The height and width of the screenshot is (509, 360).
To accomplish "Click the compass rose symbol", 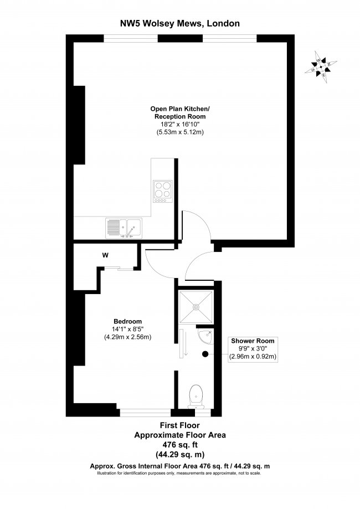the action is [321, 67].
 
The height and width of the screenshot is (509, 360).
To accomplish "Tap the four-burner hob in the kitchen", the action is [163, 192].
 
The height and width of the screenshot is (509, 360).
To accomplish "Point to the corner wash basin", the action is [205, 336].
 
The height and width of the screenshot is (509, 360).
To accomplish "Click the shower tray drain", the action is [196, 306].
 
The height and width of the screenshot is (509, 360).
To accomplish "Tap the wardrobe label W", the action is [105, 255].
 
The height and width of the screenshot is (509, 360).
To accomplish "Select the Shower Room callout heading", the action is [253, 341].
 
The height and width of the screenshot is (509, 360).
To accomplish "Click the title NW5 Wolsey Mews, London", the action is [180, 23].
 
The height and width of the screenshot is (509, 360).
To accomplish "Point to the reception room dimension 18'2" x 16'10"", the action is [178, 124].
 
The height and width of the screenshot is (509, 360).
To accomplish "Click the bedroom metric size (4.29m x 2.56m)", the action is [127, 337].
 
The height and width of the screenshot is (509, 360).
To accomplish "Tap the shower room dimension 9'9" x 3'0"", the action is [253, 348].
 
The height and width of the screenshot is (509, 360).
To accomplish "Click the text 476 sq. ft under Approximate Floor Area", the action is [180, 444].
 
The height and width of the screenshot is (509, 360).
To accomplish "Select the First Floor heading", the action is [180, 425].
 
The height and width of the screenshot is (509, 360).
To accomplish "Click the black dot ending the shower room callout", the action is [205, 354].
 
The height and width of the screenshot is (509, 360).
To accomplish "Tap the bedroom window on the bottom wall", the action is [146, 413].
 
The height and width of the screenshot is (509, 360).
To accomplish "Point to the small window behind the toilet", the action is [203, 413].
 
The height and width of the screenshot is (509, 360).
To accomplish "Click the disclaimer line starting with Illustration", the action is [179, 473].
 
